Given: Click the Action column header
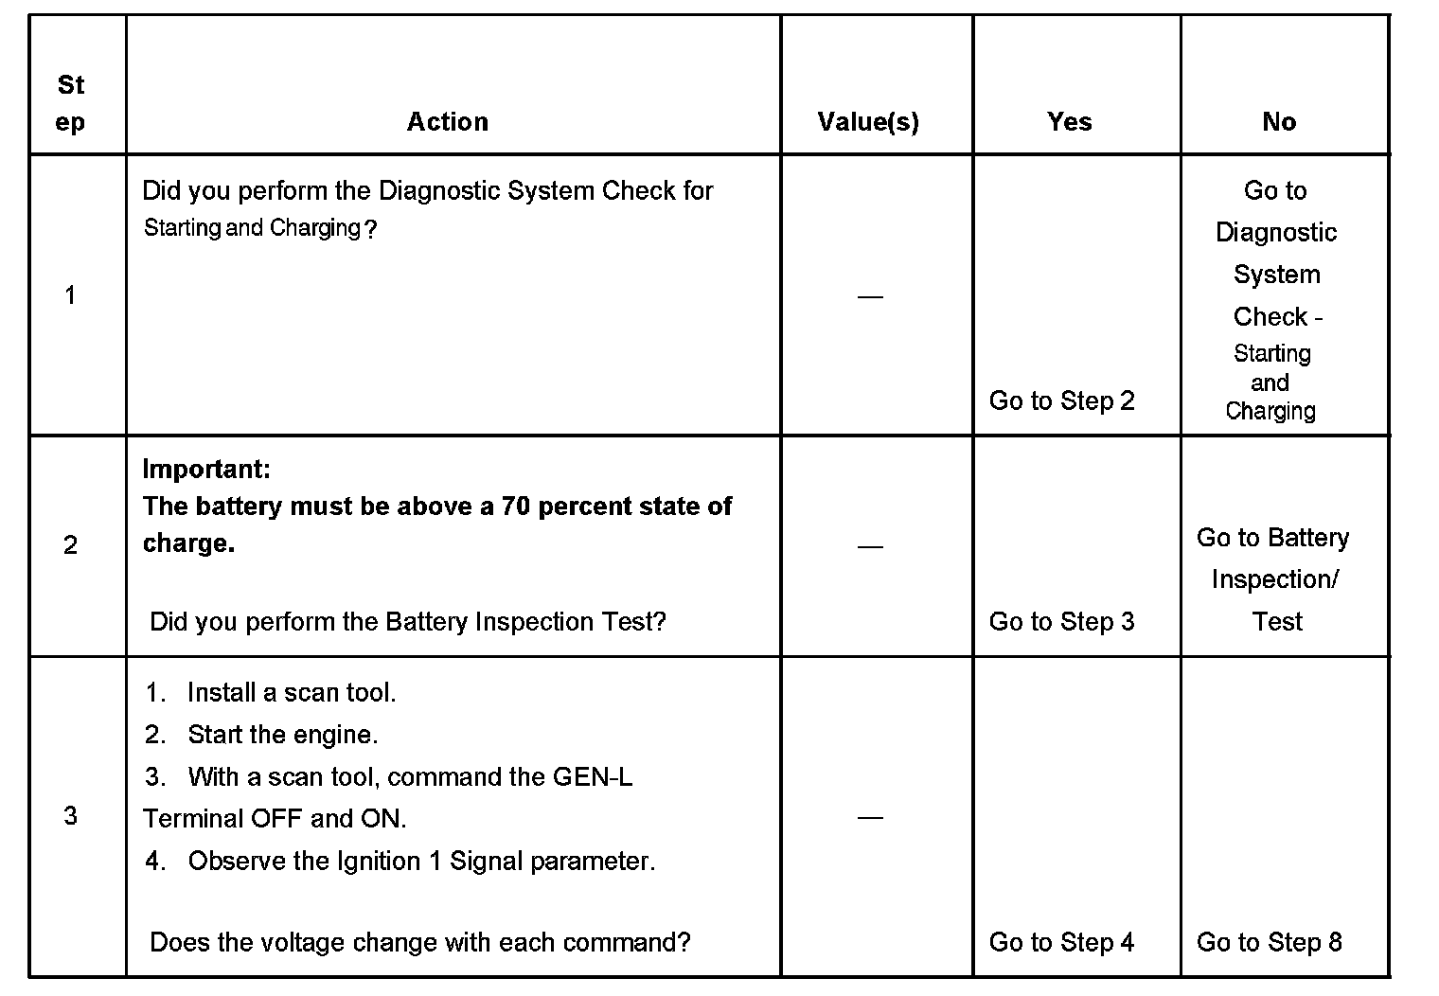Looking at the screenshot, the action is (x=447, y=121).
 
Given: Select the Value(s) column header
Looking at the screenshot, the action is (x=868, y=121).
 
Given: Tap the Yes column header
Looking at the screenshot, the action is (x=1069, y=121).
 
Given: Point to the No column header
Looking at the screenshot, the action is (x=1278, y=121).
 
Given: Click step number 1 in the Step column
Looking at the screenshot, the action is (x=70, y=295).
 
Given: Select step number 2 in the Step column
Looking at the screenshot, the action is (x=70, y=545).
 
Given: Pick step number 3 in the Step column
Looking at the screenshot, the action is (x=70, y=816).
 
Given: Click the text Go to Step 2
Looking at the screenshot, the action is (x=1061, y=400).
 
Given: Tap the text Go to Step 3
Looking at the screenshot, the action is (x=1061, y=621).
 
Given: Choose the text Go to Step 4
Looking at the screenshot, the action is (x=1061, y=942).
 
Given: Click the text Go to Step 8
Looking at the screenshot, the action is (x=1269, y=942).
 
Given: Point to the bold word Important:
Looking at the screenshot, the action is (x=206, y=469).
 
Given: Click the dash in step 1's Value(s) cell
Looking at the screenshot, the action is (x=869, y=297).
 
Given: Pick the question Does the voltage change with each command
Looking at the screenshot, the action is (x=420, y=942).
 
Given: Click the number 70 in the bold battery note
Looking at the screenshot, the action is (x=515, y=507).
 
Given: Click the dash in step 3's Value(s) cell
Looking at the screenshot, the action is (x=869, y=817).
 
